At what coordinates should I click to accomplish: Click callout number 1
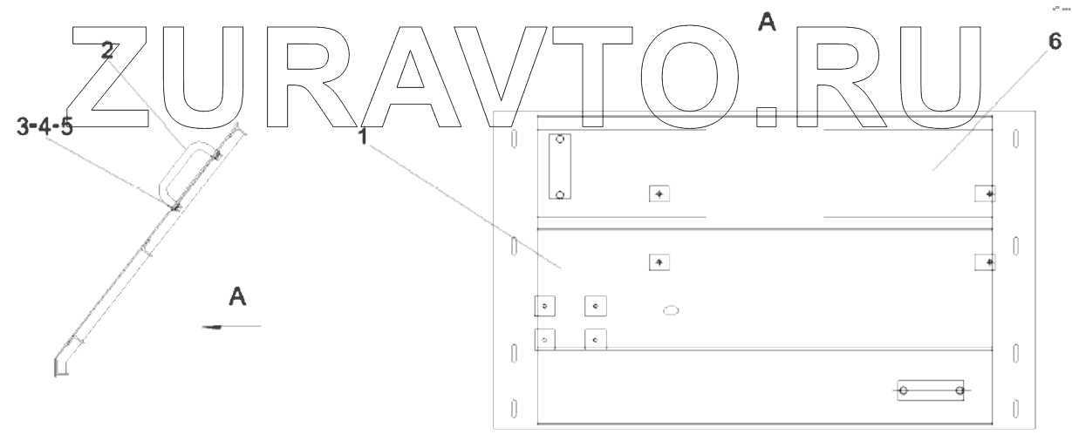[361, 138]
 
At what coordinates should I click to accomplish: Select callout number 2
[106, 51]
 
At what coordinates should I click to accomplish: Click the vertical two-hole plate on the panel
[560, 166]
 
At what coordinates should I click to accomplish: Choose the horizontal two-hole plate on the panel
[931, 390]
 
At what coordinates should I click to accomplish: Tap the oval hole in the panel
[671, 309]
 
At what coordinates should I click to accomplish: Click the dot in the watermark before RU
[767, 117]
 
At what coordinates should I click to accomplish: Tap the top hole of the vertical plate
[560, 139]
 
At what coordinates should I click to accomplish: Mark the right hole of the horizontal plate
[959, 390]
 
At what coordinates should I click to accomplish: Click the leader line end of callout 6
[932, 170]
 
